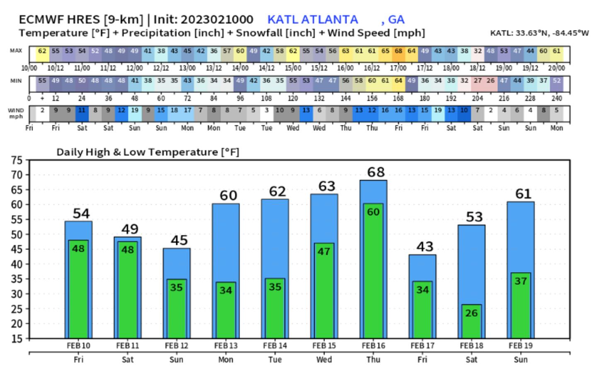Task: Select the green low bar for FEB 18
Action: [471, 322]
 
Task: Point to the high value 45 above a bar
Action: [179, 240]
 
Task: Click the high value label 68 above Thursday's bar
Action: [376, 172]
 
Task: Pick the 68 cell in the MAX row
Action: [398, 51]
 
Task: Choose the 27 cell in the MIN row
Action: [478, 81]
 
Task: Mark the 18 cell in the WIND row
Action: [174, 110]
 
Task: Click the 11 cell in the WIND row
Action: [82, 110]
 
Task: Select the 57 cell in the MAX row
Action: [227, 51]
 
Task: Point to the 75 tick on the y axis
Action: [16, 160]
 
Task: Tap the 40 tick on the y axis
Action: [16, 264]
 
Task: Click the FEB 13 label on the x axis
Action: [226, 346]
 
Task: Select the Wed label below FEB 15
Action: [324, 359]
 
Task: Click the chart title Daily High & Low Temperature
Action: [148, 152]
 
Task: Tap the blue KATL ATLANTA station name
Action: [313, 19]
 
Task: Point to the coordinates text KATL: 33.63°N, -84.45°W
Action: [539, 33]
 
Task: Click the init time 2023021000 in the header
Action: [217, 19]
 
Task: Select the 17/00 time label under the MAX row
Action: [398, 68]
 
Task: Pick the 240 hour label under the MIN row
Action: [557, 98]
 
